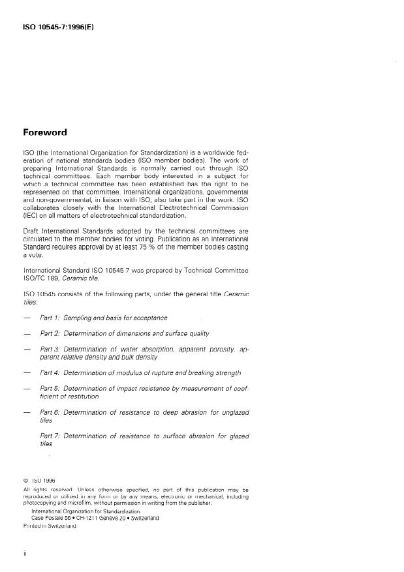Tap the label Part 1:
click(x=50, y=318)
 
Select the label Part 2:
click(x=50, y=333)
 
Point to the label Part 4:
click(x=50, y=373)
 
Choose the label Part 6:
click(x=50, y=412)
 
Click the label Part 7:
click(x=50, y=436)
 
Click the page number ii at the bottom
click(x=25, y=553)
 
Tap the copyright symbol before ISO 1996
click(x=25, y=481)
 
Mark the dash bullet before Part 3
click(x=26, y=350)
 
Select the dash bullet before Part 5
click(x=26, y=389)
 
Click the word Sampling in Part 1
click(x=80, y=318)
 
